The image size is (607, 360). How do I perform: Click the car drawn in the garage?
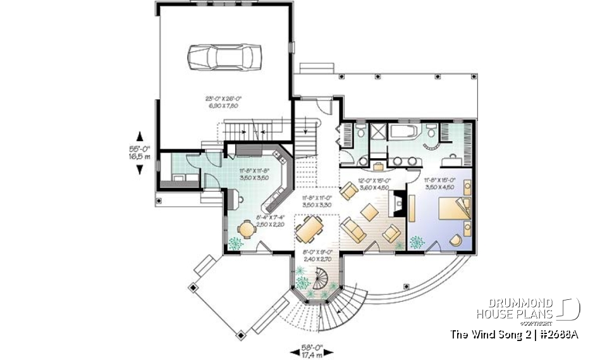click(224, 56)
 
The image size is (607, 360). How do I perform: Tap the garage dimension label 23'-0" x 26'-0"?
click(224, 102)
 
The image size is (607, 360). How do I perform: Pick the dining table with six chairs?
click(309, 230)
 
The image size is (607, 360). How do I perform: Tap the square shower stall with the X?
click(379, 132)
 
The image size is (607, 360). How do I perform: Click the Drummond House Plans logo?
click(528, 309)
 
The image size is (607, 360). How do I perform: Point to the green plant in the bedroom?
click(417, 242)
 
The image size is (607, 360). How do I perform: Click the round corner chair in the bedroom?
click(455, 240)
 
